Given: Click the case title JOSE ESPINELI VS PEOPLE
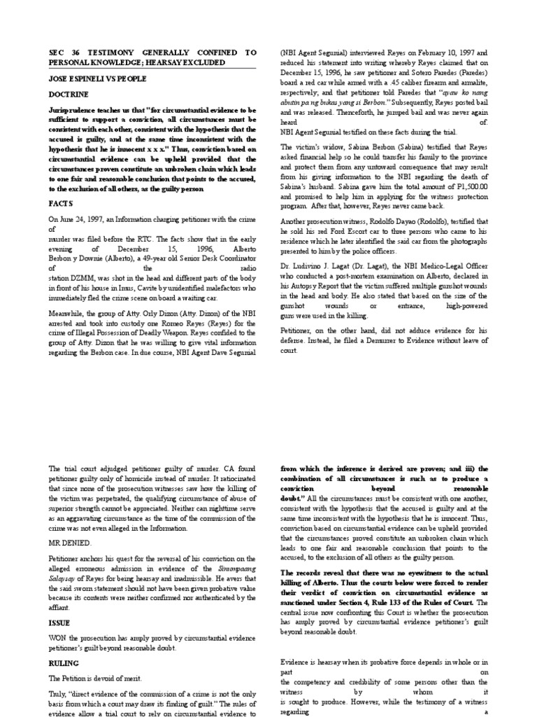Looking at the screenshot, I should (93, 78).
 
